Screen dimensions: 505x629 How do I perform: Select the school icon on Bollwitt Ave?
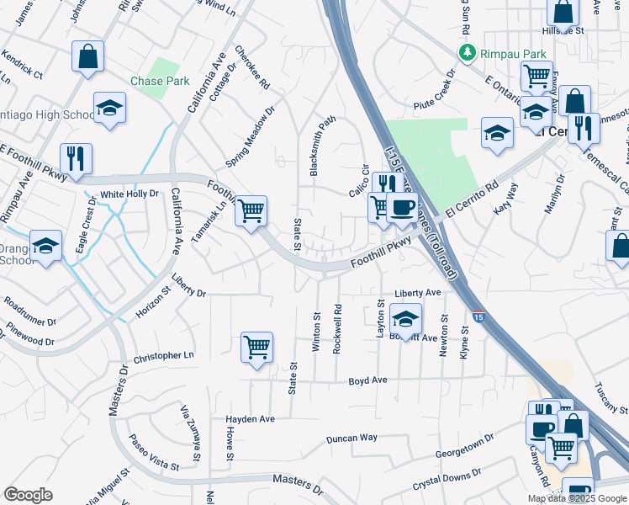click(405, 320)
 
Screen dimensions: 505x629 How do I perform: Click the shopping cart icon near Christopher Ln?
click(256, 347)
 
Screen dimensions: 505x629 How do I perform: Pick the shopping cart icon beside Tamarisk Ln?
click(251, 210)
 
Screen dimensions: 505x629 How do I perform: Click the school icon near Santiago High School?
click(109, 108)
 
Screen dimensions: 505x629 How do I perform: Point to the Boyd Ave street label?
click(367, 381)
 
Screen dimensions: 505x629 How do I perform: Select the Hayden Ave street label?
click(250, 418)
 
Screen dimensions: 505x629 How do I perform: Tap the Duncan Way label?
click(351, 439)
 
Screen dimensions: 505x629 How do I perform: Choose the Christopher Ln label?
click(163, 356)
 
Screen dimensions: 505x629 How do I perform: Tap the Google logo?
click(28, 495)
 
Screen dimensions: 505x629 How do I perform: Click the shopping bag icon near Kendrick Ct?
click(87, 57)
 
